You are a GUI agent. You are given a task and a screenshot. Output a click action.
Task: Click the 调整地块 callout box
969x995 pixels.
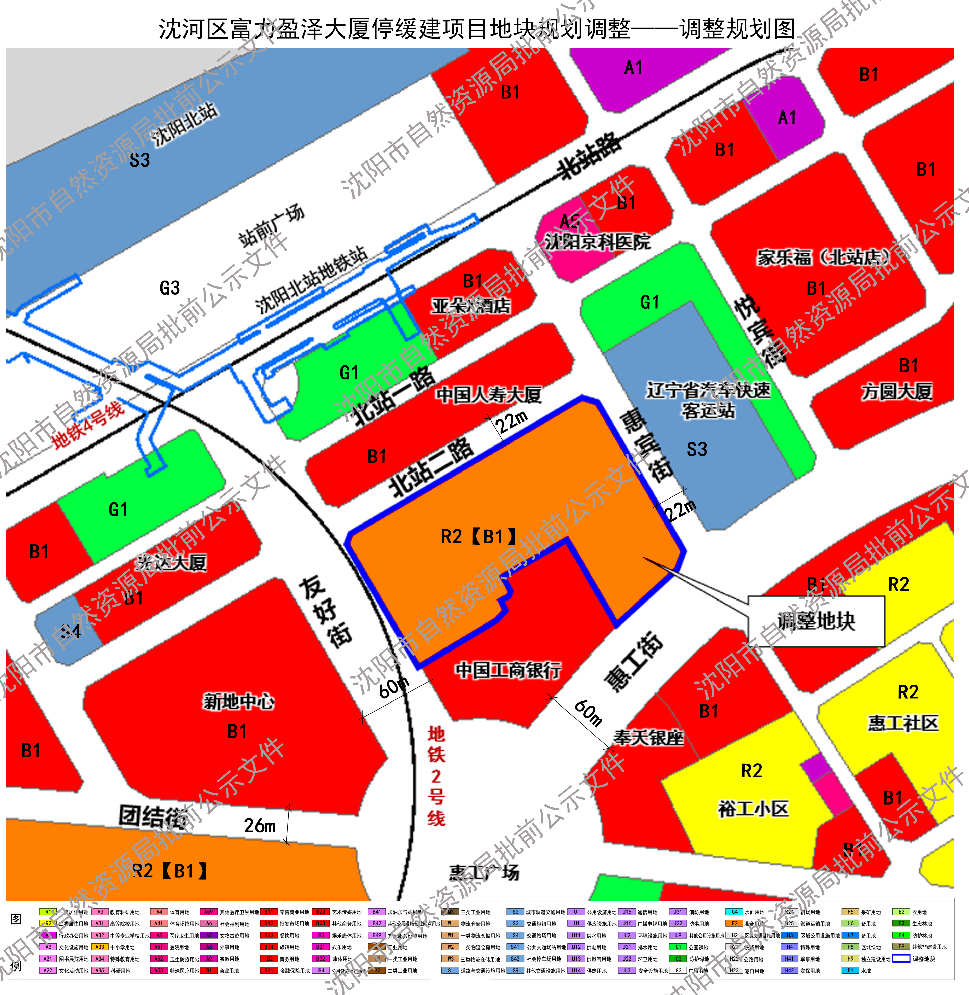point(816,621)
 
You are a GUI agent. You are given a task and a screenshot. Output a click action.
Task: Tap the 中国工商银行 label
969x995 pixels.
point(508,670)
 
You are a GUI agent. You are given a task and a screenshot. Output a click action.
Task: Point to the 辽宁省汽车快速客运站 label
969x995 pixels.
point(709,400)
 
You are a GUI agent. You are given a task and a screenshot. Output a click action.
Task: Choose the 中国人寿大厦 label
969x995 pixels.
point(489,394)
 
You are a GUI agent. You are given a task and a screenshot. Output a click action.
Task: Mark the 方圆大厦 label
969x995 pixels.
point(897,391)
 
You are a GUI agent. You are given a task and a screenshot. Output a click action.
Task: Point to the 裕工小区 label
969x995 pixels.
point(753,808)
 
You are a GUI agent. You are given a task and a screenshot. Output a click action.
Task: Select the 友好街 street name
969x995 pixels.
point(326,611)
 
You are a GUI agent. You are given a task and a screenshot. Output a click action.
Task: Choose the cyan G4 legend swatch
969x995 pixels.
point(734,912)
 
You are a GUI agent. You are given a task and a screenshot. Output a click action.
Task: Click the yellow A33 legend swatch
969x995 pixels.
point(100,947)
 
